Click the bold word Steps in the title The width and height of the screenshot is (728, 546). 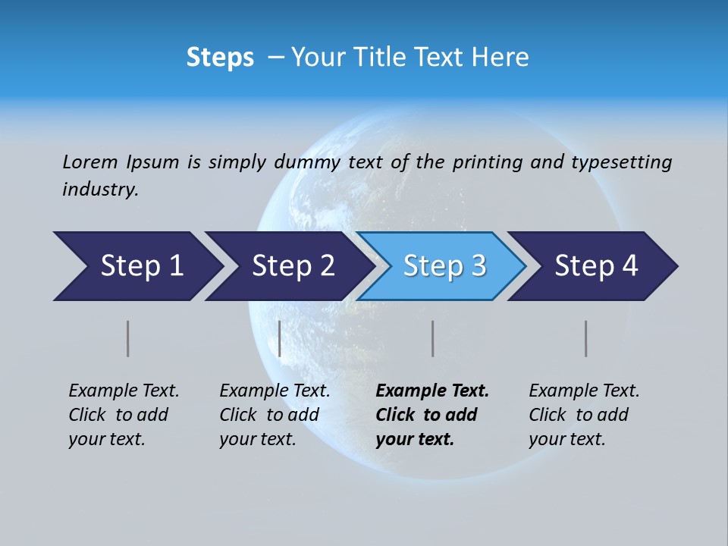click(x=220, y=58)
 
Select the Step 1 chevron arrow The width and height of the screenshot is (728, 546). click(x=136, y=266)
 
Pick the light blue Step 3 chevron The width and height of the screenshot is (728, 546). click(x=441, y=266)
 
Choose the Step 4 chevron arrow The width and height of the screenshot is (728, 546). click(x=593, y=266)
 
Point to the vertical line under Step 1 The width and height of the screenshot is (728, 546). click(x=128, y=338)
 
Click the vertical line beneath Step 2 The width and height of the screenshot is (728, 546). click(x=280, y=338)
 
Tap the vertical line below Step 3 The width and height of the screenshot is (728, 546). click(x=432, y=338)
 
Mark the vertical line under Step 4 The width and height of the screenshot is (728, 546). click(x=585, y=338)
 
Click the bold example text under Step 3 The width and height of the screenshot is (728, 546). click(x=431, y=415)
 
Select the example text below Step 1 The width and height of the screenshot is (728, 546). click(x=124, y=415)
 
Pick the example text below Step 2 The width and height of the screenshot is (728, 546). click(x=275, y=415)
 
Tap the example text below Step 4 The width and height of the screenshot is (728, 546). click(x=584, y=415)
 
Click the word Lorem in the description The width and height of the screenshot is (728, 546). click(x=90, y=162)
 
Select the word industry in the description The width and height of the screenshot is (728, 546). click(x=99, y=190)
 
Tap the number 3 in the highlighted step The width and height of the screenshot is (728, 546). click(x=479, y=266)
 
